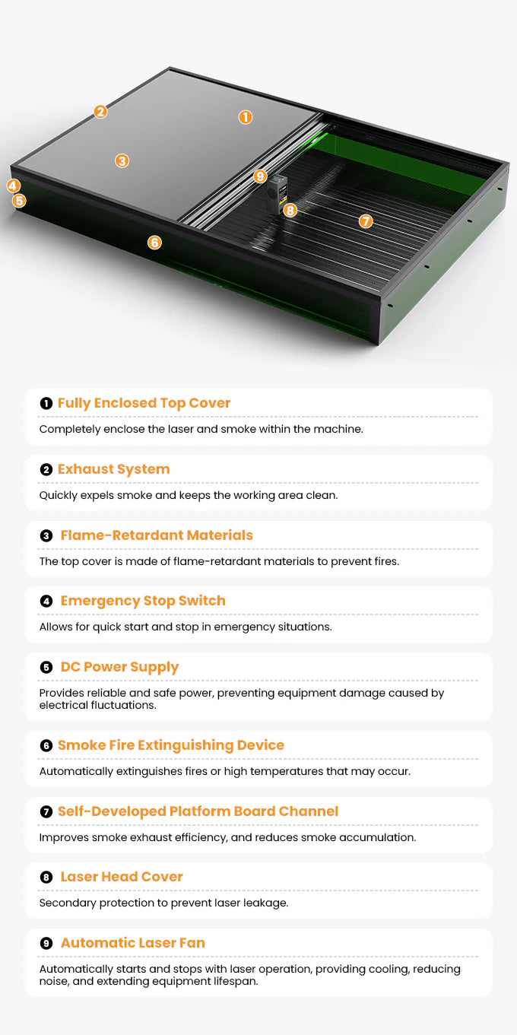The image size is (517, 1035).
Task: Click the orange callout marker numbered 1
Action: tap(246, 117)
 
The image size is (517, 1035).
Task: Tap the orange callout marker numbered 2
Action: tap(100, 111)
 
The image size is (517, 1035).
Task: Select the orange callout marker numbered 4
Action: tap(13, 186)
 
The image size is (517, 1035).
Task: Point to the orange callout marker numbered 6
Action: tap(154, 242)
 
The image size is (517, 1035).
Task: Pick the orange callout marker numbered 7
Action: tap(366, 221)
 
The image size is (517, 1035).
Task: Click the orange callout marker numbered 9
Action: tap(260, 176)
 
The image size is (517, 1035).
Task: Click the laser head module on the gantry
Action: tap(277, 194)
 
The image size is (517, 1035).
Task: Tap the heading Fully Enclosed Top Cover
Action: tap(144, 403)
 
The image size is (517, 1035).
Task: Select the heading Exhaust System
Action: tap(113, 469)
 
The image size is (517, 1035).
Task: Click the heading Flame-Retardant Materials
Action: tap(157, 535)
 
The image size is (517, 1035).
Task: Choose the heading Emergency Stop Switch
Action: tap(143, 601)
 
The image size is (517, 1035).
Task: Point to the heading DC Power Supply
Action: tap(119, 667)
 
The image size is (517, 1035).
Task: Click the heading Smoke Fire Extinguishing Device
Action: tap(171, 745)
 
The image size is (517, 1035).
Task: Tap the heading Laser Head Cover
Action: tap(122, 877)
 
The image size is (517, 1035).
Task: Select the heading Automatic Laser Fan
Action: tap(132, 942)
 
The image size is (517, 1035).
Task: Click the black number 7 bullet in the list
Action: tap(46, 811)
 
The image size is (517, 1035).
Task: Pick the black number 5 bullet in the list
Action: tap(46, 667)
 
